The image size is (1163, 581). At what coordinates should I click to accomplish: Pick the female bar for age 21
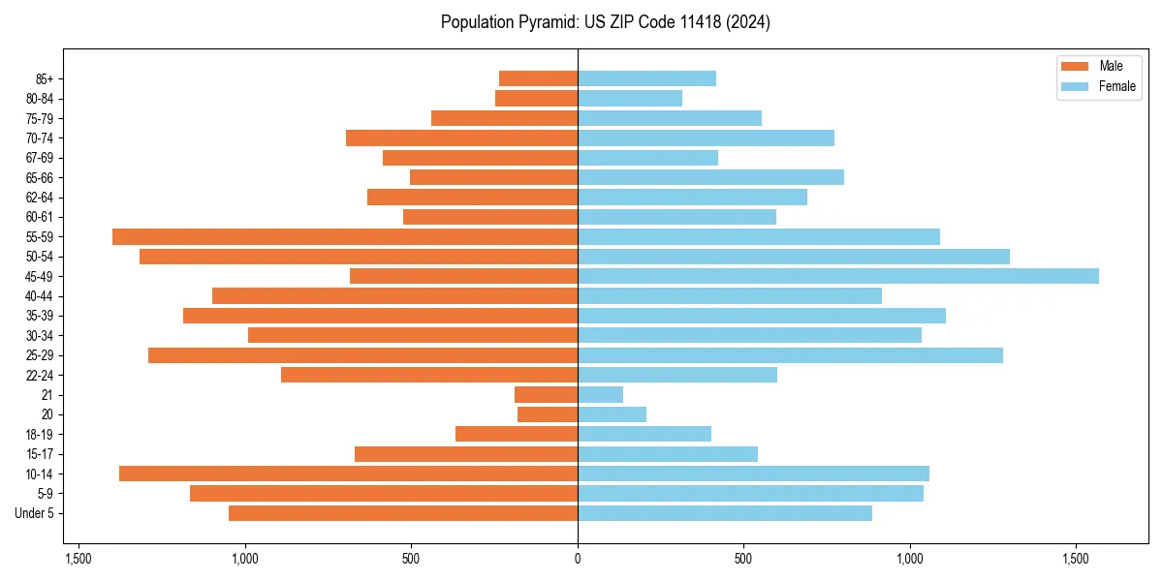coord(600,394)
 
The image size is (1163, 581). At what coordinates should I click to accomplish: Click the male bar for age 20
coord(548,414)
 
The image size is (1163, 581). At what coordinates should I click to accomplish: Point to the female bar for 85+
coord(646,78)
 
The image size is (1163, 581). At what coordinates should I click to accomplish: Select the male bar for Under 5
coord(403,513)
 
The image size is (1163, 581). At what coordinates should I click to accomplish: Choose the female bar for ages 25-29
coord(790,355)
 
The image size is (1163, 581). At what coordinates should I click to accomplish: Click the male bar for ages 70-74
coord(461,138)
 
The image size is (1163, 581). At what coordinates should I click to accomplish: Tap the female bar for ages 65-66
coord(710,177)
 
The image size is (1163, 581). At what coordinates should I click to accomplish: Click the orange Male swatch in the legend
coord(1075,66)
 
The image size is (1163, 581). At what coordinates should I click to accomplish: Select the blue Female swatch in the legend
coord(1075,86)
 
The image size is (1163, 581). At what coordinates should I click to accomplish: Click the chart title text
coord(605,22)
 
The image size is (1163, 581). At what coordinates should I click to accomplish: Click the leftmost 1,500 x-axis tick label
coord(79,559)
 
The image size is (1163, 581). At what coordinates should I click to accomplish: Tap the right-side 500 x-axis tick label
coord(743,559)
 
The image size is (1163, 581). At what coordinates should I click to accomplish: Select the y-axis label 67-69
coord(39,158)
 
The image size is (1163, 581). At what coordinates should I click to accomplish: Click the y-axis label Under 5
coord(35,513)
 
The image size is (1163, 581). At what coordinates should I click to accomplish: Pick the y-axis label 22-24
coord(39,375)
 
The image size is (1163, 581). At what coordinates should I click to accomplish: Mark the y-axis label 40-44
coord(39,296)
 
